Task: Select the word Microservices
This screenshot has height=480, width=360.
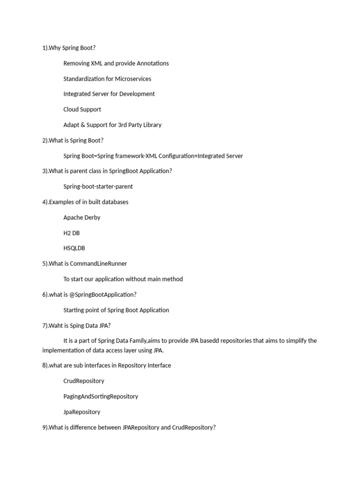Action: pyautogui.click(x=133, y=79)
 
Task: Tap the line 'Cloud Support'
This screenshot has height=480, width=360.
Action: pyautogui.click(x=82, y=109)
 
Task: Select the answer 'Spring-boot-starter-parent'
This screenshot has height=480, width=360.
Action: pyautogui.click(x=98, y=186)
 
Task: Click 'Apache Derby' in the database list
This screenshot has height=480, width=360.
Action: pyautogui.click(x=82, y=217)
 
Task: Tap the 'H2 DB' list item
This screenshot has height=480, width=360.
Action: pyautogui.click(x=72, y=233)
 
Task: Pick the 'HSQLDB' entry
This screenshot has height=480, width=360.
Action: pyautogui.click(x=74, y=248)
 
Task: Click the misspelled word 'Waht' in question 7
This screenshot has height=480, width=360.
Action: pyautogui.click(x=56, y=325)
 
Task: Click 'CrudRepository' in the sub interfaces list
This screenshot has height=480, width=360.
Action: pyautogui.click(x=84, y=381)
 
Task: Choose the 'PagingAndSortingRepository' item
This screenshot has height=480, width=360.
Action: pyautogui.click(x=101, y=396)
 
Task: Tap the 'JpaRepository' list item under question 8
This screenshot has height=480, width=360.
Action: pyautogui.click(x=82, y=412)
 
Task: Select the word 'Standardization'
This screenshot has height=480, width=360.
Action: pyautogui.click(x=85, y=79)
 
